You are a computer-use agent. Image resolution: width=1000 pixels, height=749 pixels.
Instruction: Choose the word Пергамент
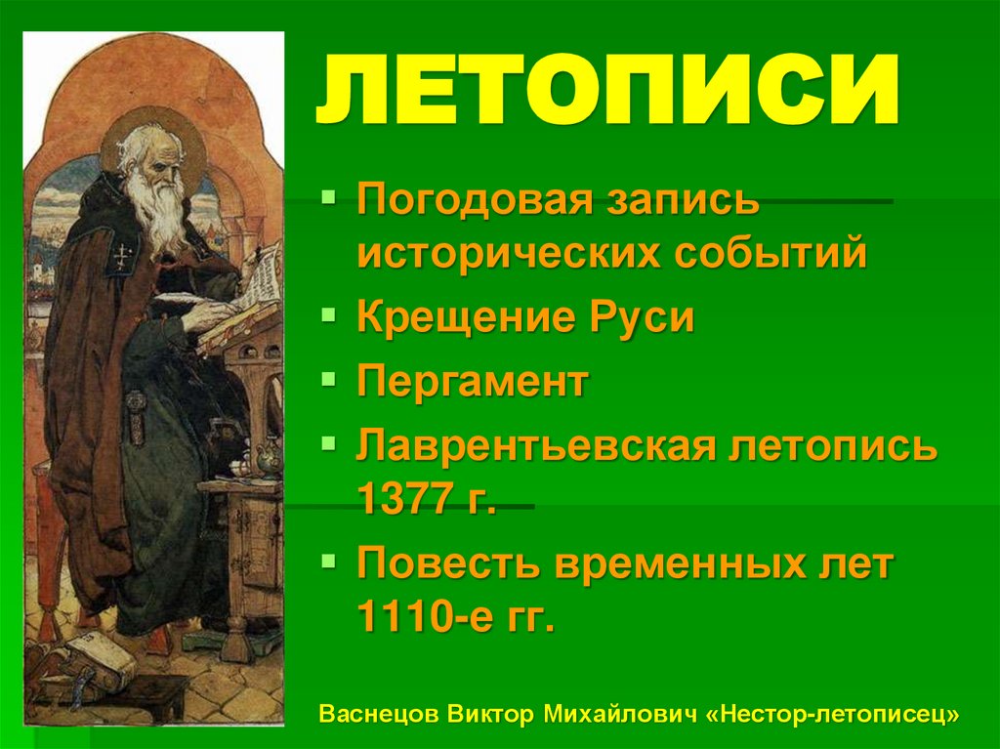[x=473, y=382]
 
